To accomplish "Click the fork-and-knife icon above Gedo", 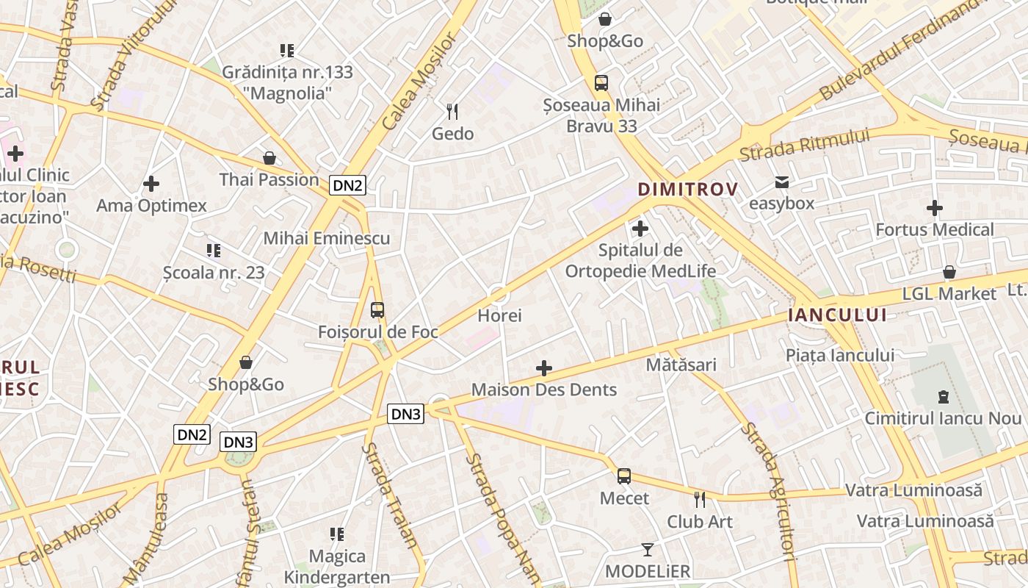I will coord(452,112).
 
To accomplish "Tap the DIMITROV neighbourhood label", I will coord(687,190).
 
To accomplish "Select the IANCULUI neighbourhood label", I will coord(836,315).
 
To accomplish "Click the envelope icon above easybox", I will coord(781,182).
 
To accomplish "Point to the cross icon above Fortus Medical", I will coord(934,208).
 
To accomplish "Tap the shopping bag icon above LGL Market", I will coord(949,272).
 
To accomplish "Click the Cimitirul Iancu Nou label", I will coord(943,418).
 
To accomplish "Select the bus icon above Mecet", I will coord(624,476).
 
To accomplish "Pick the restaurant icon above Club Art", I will coord(700,500).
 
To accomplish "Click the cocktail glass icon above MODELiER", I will coord(647,549).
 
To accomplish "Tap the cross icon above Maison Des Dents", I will coord(544,367).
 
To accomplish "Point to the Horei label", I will coord(499,315).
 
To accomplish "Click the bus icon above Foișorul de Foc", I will coord(377,310).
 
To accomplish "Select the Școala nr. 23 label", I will coord(214,273).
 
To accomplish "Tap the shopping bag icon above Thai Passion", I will coord(269,158).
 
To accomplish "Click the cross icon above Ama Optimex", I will coord(151,184).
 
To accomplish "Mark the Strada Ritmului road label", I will coord(804,145).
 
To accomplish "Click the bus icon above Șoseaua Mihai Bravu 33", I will coord(601,82).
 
